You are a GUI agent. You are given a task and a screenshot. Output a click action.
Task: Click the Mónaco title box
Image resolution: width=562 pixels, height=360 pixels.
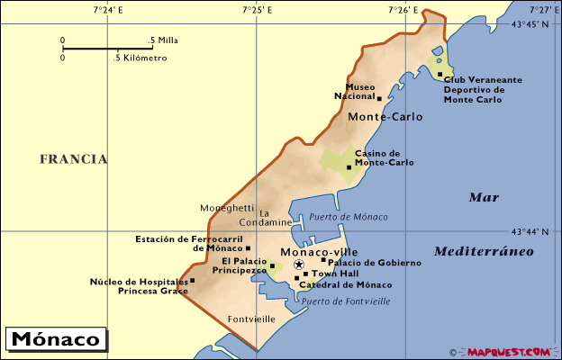(56, 340)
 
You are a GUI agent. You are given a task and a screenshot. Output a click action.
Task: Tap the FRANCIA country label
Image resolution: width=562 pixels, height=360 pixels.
(73, 159)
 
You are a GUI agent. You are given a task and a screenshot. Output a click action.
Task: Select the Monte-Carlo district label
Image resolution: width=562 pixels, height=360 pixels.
(385, 117)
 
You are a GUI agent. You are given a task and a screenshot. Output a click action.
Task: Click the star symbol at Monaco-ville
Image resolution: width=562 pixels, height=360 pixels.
(299, 265)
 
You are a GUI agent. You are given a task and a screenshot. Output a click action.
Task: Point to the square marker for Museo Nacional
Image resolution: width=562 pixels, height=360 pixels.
(379, 98)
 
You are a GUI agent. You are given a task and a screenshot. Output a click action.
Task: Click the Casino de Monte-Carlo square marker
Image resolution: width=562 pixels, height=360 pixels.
(349, 167)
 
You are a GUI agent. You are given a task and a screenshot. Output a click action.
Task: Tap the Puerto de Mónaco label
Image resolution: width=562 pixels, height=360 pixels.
(349, 217)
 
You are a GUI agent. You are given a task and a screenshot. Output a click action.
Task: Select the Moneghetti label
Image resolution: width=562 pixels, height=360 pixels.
(227, 207)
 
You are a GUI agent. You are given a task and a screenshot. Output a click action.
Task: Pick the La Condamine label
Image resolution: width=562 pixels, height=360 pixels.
(266, 217)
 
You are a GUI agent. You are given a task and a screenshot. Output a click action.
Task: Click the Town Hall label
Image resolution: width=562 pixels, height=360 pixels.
(335, 274)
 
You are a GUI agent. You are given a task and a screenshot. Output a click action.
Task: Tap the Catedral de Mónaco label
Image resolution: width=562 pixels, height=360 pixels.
(345, 284)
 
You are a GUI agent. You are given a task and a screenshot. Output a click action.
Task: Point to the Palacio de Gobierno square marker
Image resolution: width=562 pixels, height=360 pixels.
(323, 260)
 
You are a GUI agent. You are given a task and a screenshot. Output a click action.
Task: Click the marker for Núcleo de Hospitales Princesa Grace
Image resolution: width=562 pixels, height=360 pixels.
(192, 281)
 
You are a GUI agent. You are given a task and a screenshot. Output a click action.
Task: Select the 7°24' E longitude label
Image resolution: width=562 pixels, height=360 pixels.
(108, 10)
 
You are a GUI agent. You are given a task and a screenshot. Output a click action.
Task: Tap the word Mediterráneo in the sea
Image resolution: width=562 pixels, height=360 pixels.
(483, 251)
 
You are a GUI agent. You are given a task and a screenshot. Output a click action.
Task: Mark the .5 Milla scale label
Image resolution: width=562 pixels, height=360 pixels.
(164, 40)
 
